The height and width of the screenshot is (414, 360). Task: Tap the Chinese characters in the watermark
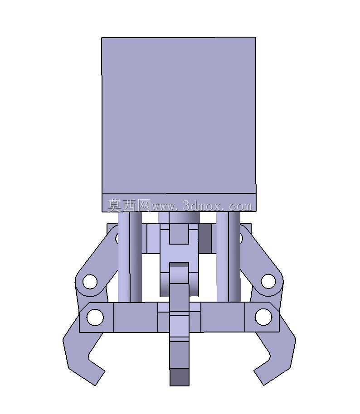(129, 206)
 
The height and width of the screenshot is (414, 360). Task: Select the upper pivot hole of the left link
(90, 281)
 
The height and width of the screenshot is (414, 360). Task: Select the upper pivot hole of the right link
(268, 281)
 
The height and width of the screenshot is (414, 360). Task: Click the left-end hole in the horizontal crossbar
(95, 317)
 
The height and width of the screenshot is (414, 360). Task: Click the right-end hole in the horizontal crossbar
(263, 317)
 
